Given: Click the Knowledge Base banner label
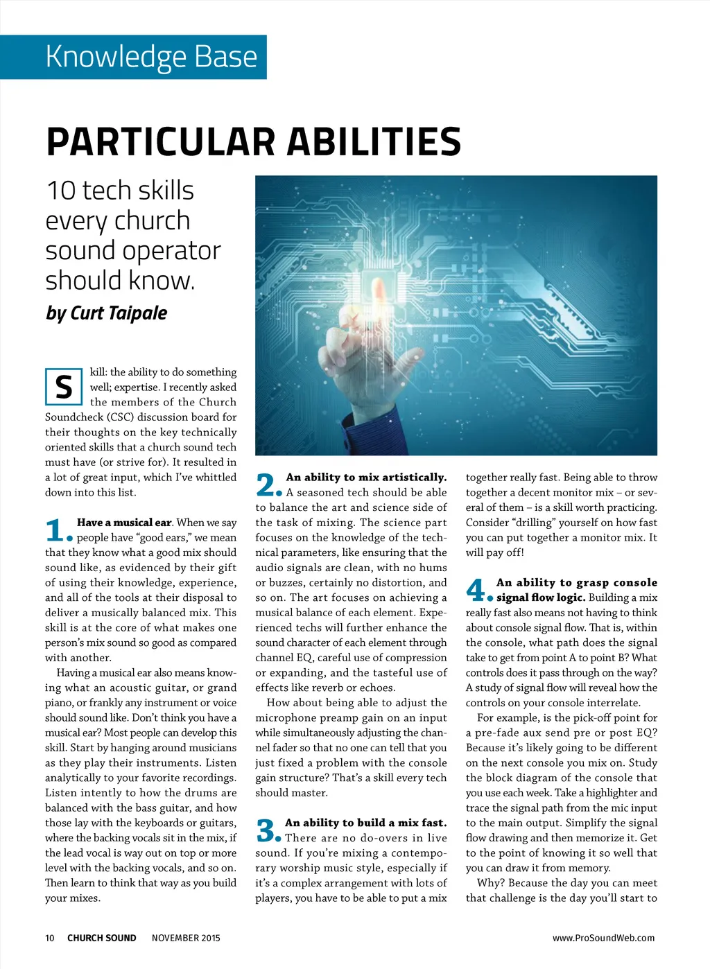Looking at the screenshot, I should coord(151,56).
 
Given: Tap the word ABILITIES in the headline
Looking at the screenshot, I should coord(374,141).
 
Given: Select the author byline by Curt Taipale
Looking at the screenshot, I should coord(107,313).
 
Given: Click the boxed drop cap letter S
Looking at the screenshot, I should coord(64,387).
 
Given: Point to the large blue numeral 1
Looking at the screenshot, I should coord(55,531).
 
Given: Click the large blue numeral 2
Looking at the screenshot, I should coord(267,485).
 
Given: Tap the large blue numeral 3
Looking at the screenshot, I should coord(267,830).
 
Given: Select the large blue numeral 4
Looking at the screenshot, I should coord(477,591).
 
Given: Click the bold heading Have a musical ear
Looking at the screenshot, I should coord(124,523).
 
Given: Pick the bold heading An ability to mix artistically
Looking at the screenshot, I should coord(366,477).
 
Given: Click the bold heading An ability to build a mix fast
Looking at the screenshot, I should coord(366,823).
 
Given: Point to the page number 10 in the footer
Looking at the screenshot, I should coord(50,938).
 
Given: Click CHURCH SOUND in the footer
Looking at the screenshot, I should coord(102,938).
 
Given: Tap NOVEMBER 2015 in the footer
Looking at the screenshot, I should coord(186,938).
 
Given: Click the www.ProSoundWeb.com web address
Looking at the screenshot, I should coord(603,938).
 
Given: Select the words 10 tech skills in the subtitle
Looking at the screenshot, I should coord(120,191).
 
